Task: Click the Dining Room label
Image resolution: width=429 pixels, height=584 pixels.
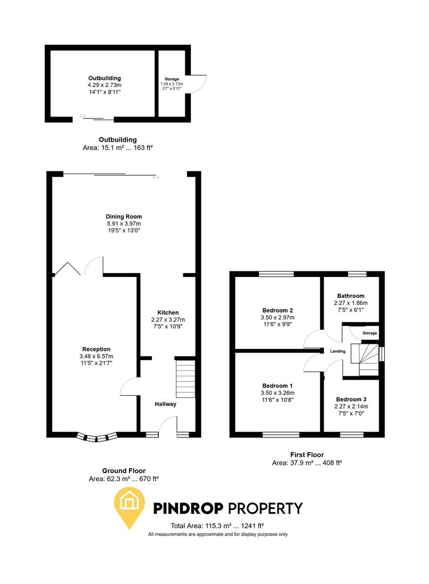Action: pyautogui.click(x=124, y=216)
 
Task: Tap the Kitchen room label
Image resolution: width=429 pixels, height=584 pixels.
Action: pyautogui.click(x=167, y=313)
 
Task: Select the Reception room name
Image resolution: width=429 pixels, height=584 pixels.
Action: pyautogui.click(x=96, y=349)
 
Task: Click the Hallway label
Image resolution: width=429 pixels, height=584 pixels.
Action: pyautogui.click(x=165, y=404)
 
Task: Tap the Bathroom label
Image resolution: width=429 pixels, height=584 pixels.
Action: pyautogui.click(x=351, y=296)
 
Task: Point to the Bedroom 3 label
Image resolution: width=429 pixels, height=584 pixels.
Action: pyautogui.click(x=351, y=399)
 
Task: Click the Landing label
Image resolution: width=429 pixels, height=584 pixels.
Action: pyautogui.click(x=338, y=351)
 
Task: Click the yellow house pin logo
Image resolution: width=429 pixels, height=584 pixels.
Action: pyautogui.click(x=129, y=506)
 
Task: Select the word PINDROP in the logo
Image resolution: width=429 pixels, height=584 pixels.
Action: pyautogui.click(x=189, y=508)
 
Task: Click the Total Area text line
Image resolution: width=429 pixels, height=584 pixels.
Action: pyautogui.click(x=217, y=526)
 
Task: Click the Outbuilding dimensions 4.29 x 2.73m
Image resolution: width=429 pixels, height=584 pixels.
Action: pyautogui.click(x=105, y=85)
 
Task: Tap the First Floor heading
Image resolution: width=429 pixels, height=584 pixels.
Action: pyautogui.click(x=307, y=455)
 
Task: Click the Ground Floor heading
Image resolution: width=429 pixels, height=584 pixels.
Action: pyautogui.click(x=124, y=471)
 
